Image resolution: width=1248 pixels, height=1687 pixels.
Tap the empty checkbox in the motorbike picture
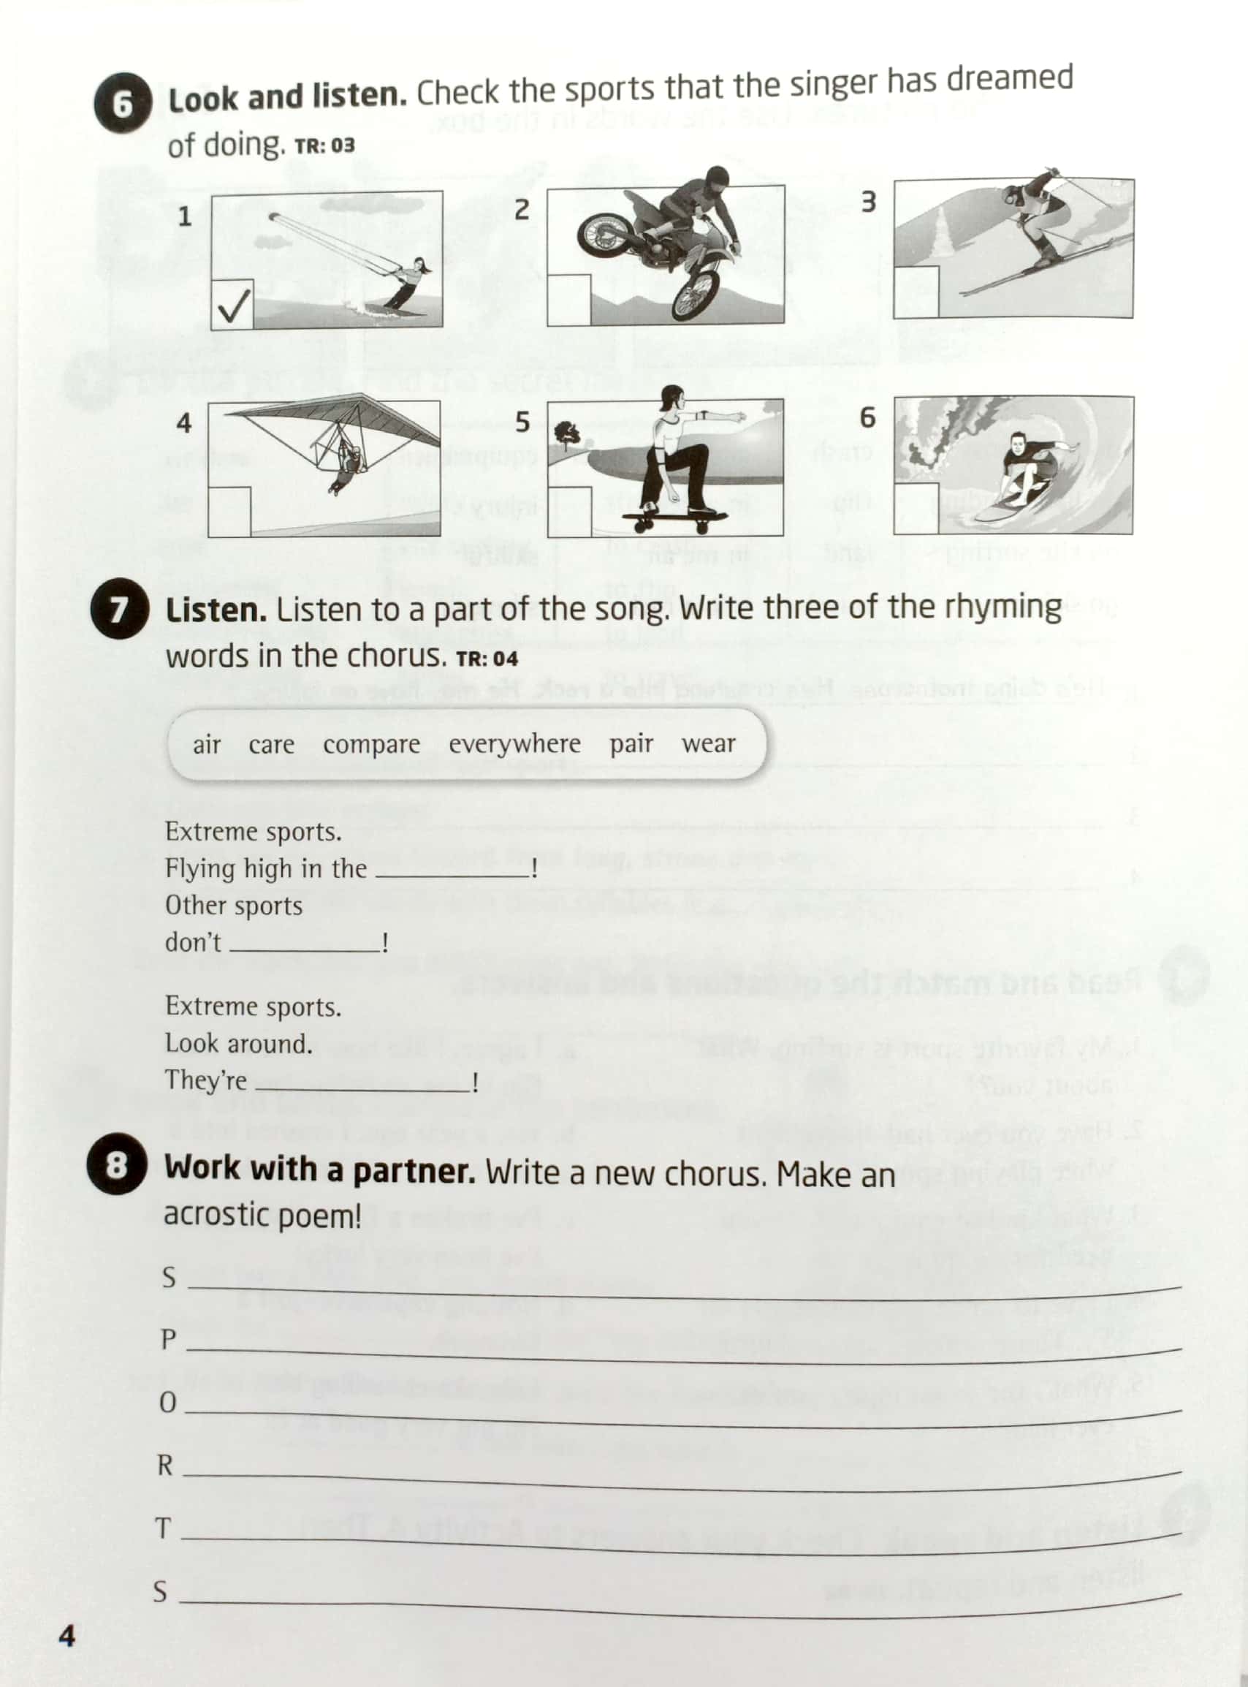point(569,300)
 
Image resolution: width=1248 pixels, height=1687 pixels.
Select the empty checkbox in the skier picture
point(916,292)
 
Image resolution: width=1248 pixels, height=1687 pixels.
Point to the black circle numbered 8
point(116,1165)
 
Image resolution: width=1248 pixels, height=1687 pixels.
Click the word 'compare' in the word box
point(371,744)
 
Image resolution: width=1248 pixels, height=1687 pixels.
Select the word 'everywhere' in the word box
point(514,743)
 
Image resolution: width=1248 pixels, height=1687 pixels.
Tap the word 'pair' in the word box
point(631,743)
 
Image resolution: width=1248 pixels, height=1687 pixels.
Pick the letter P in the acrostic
point(168,1340)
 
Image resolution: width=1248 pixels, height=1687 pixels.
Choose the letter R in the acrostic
point(164,1466)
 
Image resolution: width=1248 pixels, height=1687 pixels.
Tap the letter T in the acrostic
point(163,1528)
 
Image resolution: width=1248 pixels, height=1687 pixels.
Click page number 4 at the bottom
point(67,1636)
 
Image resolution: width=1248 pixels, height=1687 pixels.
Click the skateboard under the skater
point(674,518)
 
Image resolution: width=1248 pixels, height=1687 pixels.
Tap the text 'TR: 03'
point(324,145)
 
